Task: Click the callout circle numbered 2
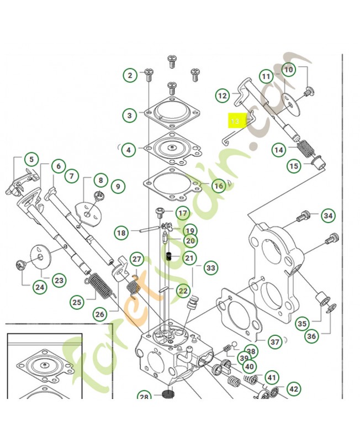(130, 75)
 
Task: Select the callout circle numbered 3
(130, 115)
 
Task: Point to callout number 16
(219, 186)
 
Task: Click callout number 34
(329, 215)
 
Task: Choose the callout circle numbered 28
(144, 397)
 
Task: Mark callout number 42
(294, 390)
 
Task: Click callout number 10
(289, 70)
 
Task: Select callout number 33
(210, 269)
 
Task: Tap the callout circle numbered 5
(31, 160)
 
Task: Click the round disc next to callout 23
(42, 257)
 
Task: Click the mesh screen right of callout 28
(166, 396)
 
